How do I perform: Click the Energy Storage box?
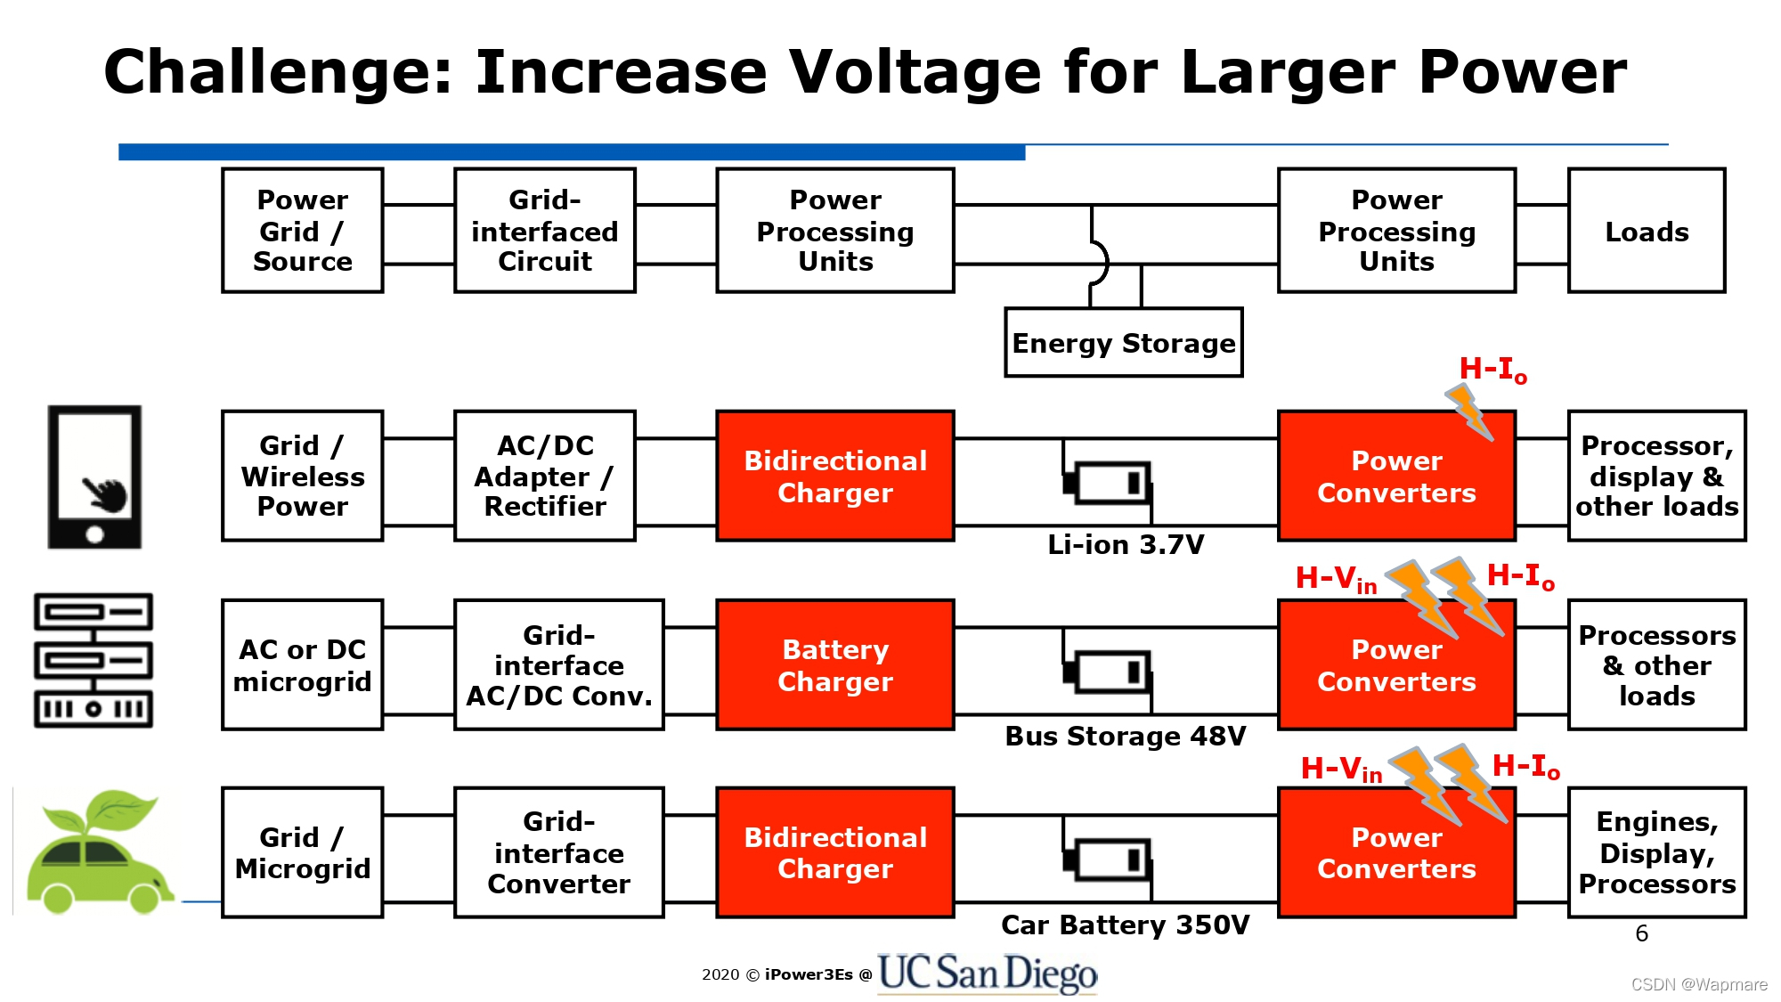1123,343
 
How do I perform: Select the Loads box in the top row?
1646,231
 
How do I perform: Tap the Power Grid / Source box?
303,231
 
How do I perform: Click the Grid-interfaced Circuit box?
544,231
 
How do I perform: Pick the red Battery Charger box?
834,665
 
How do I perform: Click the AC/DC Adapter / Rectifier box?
544,476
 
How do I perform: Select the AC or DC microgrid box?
303,665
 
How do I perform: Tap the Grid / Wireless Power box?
303,476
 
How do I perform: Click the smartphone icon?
94,477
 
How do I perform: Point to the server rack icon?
94,661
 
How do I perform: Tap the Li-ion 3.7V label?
1126,544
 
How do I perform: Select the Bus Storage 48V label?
1126,737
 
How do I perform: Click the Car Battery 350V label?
1126,925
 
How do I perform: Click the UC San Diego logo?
987,973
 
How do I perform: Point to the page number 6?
1641,933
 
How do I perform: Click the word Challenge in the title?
279,72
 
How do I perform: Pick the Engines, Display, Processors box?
1656,852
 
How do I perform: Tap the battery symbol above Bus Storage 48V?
1109,672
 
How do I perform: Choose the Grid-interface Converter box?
558,852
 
